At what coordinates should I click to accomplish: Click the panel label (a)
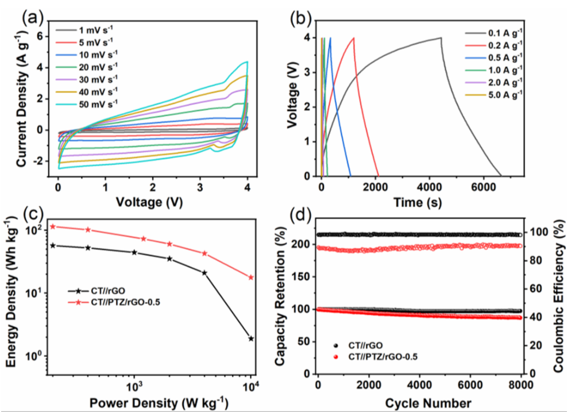[x=29, y=17]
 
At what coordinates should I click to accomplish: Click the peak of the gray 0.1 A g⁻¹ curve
[x=441, y=38]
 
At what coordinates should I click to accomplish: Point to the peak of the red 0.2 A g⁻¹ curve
[x=354, y=38]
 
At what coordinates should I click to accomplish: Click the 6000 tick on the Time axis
[x=484, y=187]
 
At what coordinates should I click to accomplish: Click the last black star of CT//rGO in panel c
[x=251, y=338]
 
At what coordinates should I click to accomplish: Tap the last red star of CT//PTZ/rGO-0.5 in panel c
[x=251, y=278]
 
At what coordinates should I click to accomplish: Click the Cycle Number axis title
[x=420, y=401]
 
